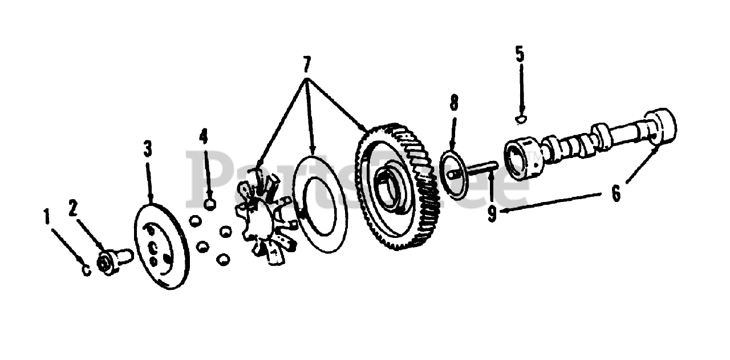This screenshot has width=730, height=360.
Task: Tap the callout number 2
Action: point(72,209)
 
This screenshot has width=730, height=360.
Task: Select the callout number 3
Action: point(148,149)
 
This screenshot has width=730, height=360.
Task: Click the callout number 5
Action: point(520,55)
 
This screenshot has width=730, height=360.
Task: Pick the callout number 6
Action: point(616,194)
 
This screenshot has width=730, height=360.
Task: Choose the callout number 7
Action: point(307,61)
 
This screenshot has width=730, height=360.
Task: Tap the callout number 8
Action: point(453,103)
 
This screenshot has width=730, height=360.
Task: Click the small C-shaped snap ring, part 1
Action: point(86,270)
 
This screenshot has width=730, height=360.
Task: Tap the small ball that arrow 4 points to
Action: point(210,204)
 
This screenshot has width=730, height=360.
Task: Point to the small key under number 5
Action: point(520,119)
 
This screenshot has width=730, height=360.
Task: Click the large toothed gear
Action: point(399,188)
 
